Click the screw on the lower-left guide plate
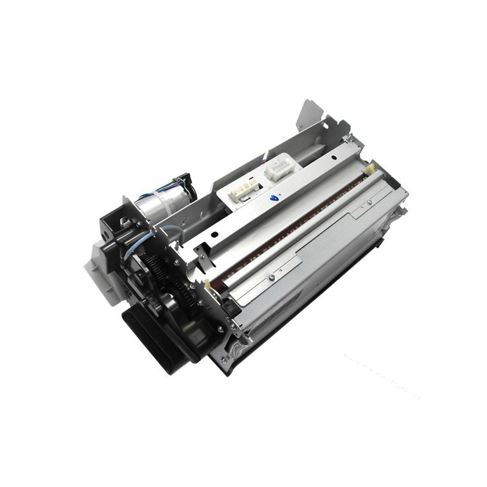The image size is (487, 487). coord(272,279)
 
